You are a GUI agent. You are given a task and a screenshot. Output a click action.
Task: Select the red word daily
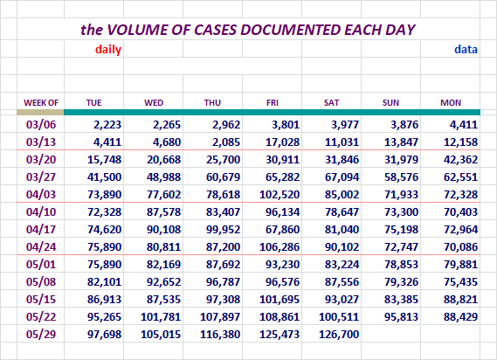[108, 50]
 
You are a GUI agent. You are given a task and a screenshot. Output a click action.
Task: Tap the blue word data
[466, 50]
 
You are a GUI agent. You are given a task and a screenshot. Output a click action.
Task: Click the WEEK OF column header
[41, 103]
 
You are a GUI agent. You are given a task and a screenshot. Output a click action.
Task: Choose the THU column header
[212, 103]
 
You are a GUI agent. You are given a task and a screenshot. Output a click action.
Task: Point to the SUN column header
[390, 103]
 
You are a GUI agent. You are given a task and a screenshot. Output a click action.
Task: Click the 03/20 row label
[41, 159]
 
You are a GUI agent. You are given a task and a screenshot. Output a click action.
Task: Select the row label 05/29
[41, 334]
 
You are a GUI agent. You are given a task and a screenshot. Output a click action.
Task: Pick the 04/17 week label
[41, 229]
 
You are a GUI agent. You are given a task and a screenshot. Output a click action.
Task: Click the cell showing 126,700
[339, 335]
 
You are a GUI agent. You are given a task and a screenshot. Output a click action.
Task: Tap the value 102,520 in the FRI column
[280, 195]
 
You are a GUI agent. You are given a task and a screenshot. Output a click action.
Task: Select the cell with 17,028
[282, 142]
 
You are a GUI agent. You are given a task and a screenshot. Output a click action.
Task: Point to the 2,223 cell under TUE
[107, 125]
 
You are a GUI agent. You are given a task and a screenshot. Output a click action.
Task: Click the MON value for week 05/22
[460, 317]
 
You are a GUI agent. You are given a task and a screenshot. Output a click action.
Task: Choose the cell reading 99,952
[223, 229]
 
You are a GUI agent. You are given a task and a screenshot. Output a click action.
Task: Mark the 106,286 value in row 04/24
[280, 246]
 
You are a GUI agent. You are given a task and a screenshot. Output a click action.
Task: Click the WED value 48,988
[163, 177]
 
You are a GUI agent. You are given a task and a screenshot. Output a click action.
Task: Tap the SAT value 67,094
[342, 177]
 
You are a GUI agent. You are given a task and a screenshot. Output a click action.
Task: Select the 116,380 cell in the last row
[220, 335]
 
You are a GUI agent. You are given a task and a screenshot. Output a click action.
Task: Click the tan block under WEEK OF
[40, 113]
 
